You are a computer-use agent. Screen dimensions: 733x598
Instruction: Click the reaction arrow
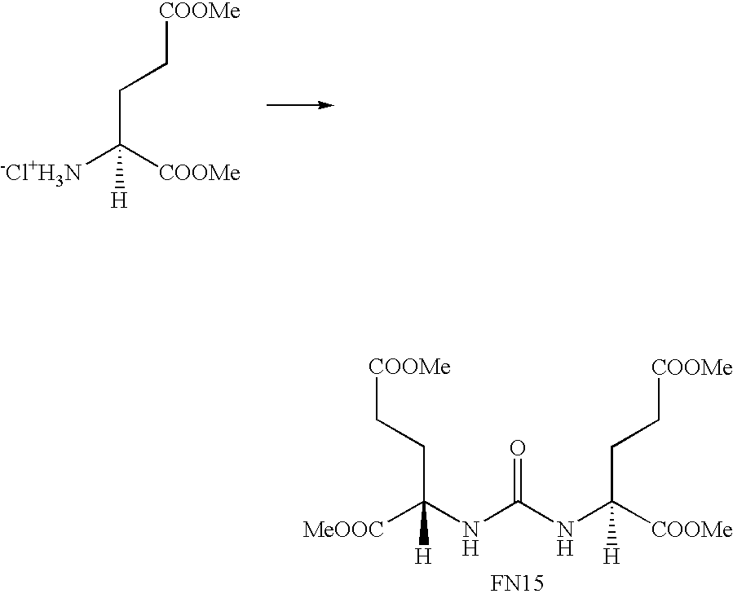click(x=300, y=105)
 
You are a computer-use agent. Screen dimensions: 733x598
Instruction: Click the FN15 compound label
click(x=517, y=583)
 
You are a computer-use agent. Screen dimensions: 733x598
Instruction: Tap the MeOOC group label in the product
click(x=343, y=530)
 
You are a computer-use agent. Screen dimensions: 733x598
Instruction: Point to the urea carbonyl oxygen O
click(x=518, y=448)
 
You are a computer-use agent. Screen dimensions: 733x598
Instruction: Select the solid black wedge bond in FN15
click(x=425, y=523)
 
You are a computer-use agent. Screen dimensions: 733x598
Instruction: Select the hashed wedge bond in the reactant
click(x=120, y=166)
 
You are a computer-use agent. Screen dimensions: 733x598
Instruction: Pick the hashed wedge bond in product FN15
click(x=612, y=523)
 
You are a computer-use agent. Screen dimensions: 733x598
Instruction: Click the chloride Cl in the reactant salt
click(x=18, y=174)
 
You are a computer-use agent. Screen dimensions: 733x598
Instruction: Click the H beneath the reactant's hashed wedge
click(x=120, y=200)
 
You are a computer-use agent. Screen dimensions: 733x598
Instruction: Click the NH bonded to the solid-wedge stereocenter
click(x=470, y=539)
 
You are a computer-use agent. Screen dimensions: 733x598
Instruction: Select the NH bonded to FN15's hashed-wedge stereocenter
click(x=565, y=539)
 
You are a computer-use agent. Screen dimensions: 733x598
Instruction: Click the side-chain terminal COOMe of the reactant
click(x=200, y=11)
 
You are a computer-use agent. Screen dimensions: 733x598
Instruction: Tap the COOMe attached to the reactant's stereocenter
click(x=200, y=174)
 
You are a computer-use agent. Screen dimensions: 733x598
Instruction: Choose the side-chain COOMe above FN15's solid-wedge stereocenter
click(x=409, y=367)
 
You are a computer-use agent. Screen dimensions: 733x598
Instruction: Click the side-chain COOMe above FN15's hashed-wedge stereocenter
click(x=692, y=367)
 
